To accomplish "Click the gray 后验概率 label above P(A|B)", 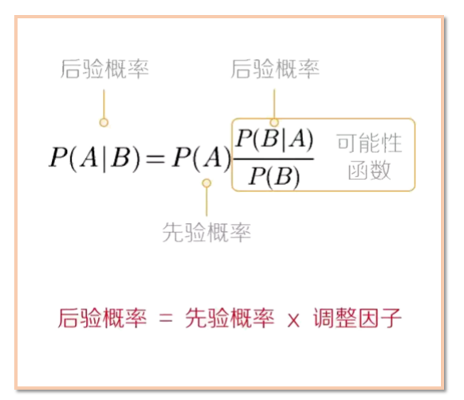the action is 104,69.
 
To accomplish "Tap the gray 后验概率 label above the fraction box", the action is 275,69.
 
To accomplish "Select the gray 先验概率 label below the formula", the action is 206,233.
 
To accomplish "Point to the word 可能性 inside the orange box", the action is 369,143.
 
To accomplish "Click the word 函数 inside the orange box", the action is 369,171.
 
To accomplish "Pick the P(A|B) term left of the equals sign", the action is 94,158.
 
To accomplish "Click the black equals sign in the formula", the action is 155,159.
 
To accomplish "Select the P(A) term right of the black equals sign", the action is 201,158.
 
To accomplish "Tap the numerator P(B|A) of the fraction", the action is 274,139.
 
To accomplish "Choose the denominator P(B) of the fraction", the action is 274,176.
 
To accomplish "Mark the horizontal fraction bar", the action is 273,159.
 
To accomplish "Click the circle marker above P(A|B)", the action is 104,122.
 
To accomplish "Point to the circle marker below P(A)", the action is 206,183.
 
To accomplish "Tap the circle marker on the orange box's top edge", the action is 274,122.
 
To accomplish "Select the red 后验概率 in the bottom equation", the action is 102,318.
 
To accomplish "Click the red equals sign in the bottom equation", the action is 166,319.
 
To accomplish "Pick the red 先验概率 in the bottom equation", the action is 230,318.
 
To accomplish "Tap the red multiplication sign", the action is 293,320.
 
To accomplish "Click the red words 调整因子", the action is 357,318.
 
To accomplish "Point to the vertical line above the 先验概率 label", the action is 206,202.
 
